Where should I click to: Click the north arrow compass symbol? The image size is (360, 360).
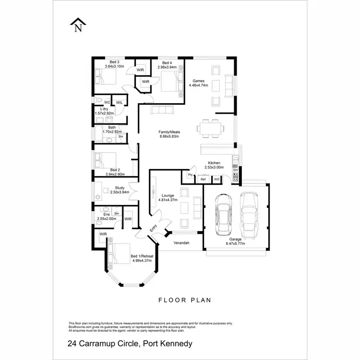(x=77, y=24)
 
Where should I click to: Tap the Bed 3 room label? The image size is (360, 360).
(x=114, y=62)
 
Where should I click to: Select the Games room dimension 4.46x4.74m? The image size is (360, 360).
(x=199, y=85)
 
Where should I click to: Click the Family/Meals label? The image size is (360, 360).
(x=169, y=132)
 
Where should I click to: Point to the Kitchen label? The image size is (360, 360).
(x=214, y=163)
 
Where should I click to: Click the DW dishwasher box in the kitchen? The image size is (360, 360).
(x=235, y=170)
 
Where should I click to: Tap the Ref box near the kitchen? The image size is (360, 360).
(x=203, y=179)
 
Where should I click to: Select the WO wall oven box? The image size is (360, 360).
(x=216, y=179)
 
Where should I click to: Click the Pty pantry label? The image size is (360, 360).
(x=191, y=175)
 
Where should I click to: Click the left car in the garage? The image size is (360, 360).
(x=223, y=214)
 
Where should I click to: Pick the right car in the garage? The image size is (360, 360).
(x=249, y=211)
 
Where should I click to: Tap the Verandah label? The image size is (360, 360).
(x=181, y=243)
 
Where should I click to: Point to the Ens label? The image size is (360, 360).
(x=106, y=214)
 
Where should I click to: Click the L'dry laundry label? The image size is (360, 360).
(x=104, y=109)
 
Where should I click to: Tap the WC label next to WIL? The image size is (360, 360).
(x=107, y=102)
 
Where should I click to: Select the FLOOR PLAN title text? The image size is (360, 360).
(x=185, y=300)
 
